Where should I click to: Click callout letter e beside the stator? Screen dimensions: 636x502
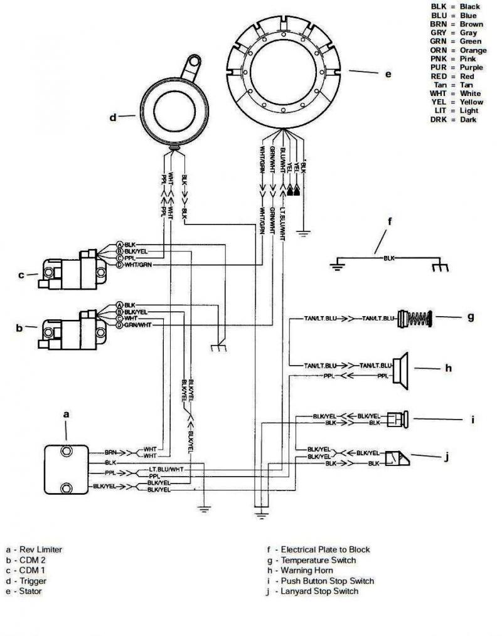(x=388, y=74)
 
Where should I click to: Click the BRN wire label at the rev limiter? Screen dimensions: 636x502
(x=111, y=452)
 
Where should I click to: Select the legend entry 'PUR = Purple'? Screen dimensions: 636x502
(x=456, y=67)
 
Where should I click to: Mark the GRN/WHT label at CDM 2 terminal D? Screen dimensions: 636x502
(x=138, y=325)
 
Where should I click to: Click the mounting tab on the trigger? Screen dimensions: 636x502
(x=192, y=65)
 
